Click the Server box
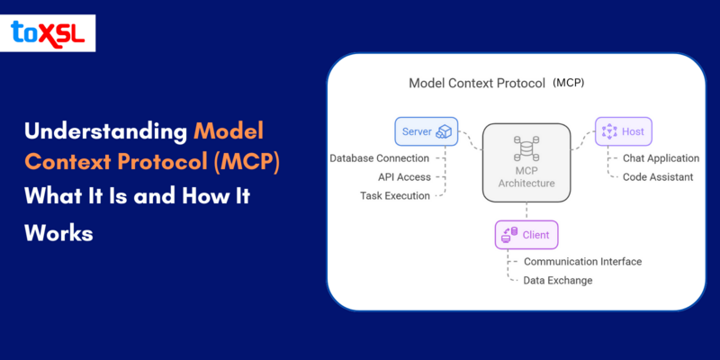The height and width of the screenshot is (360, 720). click(x=427, y=131)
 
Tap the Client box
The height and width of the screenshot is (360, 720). click(x=526, y=236)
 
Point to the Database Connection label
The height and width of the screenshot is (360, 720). click(x=379, y=158)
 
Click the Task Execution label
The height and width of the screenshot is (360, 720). click(x=395, y=195)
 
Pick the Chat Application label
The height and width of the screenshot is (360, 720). click(x=661, y=158)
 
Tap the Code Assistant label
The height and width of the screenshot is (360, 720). click(x=658, y=177)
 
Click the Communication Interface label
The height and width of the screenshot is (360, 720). click(x=582, y=262)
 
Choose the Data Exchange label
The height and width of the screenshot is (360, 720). click(x=558, y=281)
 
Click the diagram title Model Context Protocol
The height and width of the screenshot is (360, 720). click(x=477, y=84)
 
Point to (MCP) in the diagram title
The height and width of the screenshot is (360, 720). click(x=569, y=84)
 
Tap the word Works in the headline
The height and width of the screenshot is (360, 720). click(x=58, y=231)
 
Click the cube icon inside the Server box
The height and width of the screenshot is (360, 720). click(x=444, y=131)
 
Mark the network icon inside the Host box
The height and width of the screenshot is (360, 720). click(x=609, y=131)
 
